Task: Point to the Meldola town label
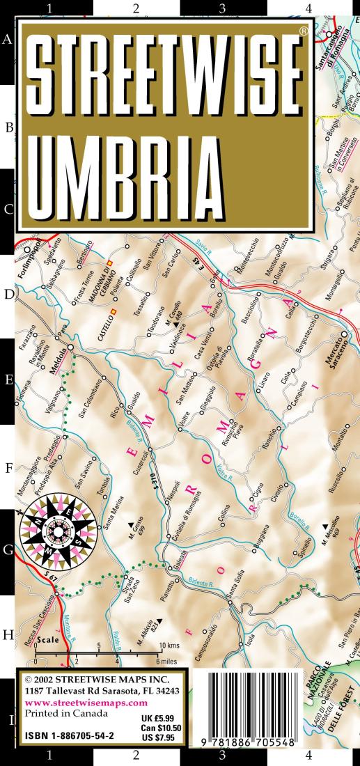pos(61,353)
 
